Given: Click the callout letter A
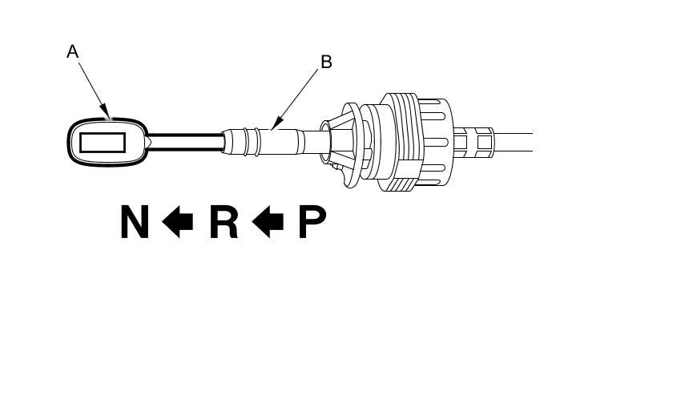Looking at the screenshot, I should pyautogui.click(x=72, y=52).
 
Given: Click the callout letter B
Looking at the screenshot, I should pyautogui.click(x=326, y=62).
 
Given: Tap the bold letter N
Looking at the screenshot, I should pyautogui.click(x=135, y=222).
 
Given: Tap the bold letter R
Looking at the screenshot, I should pyautogui.click(x=224, y=222).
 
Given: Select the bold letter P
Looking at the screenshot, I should pyautogui.click(x=312, y=222).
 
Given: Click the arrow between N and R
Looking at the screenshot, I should pyautogui.click(x=178, y=222).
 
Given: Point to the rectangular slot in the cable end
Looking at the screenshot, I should pyautogui.click(x=103, y=143).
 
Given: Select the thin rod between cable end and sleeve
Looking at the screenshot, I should pyautogui.click(x=184, y=142).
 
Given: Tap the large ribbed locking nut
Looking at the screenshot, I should pyautogui.click(x=413, y=143).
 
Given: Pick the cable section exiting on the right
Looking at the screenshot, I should pyautogui.click(x=513, y=143).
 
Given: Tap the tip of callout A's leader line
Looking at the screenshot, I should pyautogui.click(x=107, y=117).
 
